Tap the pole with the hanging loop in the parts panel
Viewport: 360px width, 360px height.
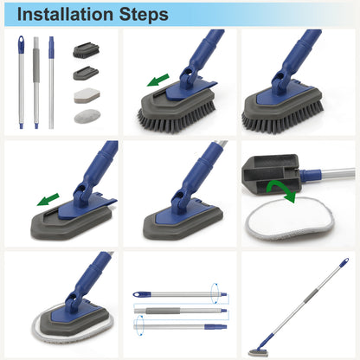point(20,82)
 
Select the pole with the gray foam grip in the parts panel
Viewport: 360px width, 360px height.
point(36,82)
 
